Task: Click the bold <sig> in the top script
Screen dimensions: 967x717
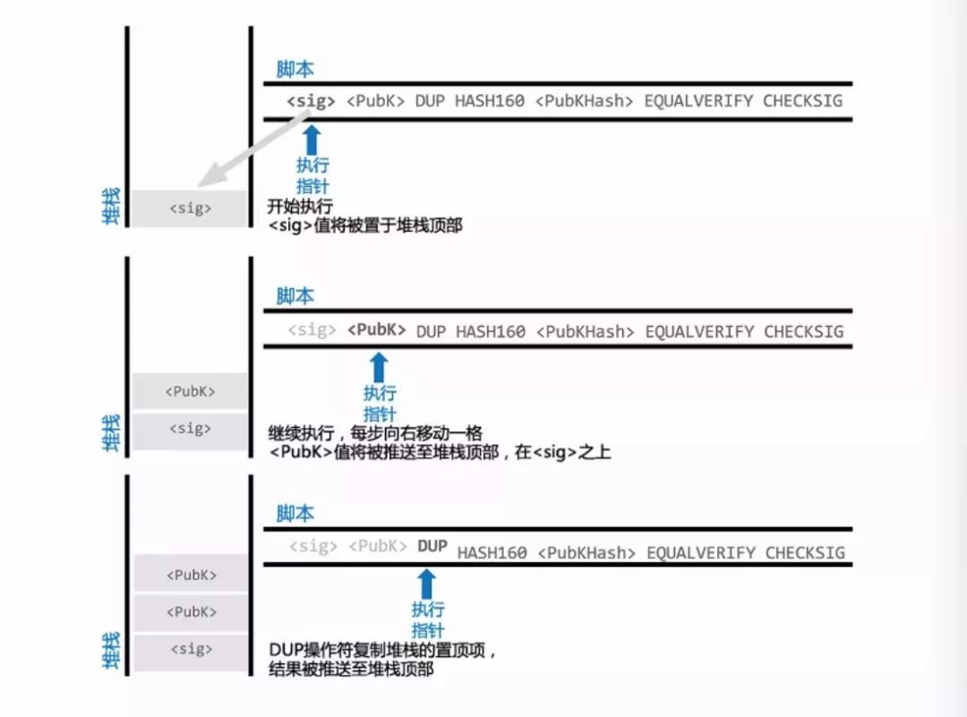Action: point(311,101)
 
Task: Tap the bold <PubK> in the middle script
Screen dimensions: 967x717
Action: point(376,329)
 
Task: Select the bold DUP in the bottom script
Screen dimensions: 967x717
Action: point(432,546)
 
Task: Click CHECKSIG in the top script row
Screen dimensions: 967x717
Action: point(802,101)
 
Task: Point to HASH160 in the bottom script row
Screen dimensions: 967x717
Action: point(492,553)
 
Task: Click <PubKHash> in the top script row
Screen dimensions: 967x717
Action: point(584,101)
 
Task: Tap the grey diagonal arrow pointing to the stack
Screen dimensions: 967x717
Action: point(252,148)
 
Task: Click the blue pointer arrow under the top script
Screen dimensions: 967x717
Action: point(312,140)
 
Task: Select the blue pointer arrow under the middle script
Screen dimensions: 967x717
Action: point(379,367)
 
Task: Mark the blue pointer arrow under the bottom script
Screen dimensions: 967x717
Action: point(426,584)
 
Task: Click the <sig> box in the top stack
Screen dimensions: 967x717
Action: point(190,209)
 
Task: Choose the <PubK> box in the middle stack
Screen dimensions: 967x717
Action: point(190,391)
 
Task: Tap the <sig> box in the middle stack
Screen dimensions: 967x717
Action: point(190,430)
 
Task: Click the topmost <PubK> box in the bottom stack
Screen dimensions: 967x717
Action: point(192,575)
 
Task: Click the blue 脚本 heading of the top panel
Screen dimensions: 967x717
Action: point(295,69)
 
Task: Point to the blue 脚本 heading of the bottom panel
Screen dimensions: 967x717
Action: point(295,513)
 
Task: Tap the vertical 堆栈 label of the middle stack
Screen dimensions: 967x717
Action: point(110,432)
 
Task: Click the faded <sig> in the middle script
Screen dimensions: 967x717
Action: point(312,329)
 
